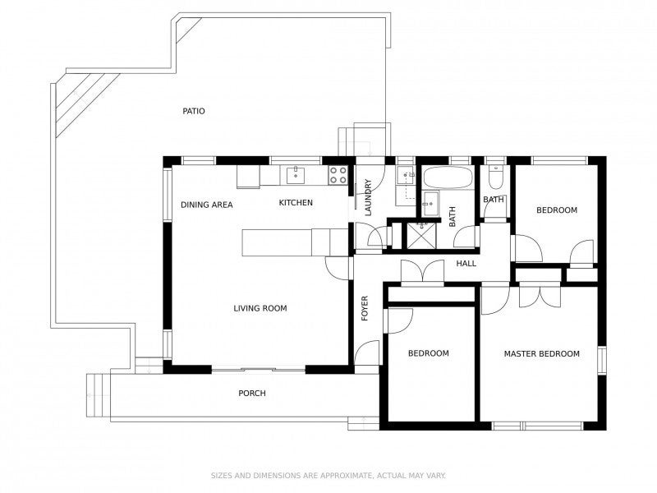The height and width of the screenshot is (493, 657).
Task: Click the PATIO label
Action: point(194,111)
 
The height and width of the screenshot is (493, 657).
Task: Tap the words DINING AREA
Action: point(207,205)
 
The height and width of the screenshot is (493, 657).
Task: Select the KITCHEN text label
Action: point(296,203)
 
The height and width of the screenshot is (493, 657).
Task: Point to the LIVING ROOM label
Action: point(260,309)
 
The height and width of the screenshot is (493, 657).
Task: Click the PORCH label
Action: point(252,394)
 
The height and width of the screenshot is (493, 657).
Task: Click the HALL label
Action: point(466,264)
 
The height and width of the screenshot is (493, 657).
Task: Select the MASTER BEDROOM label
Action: point(541,354)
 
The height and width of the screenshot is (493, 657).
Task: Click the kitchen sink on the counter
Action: point(295,174)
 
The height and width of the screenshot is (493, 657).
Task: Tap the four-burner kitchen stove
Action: point(338,174)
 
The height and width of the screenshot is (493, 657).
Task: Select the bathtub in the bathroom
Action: point(448,178)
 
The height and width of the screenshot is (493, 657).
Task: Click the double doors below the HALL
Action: point(422,274)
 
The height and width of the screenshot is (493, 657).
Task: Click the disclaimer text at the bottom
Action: point(328,475)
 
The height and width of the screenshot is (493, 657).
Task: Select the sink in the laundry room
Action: point(405,175)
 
